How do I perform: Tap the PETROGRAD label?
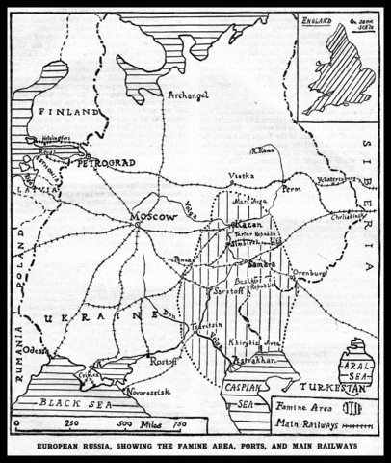(115, 161)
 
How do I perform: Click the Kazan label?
(241, 224)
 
